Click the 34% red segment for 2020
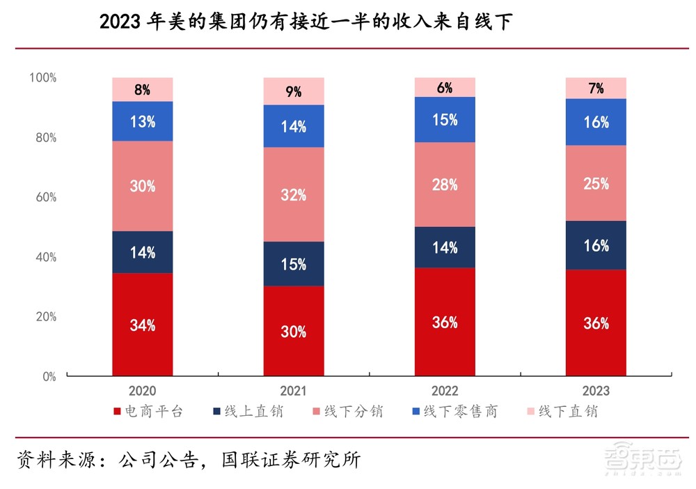(x=142, y=325)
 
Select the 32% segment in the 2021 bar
(x=293, y=195)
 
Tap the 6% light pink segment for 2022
(x=444, y=87)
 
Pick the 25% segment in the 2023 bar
(x=596, y=183)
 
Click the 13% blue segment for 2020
(x=142, y=121)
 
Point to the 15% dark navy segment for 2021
(x=293, y=264)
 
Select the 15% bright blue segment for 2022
(x=444, y=120)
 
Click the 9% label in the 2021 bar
(x=293, y=91)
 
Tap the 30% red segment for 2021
(x=293, y=332)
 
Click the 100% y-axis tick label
(x=42, y=77)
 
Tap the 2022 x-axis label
(x=444, y=391)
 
